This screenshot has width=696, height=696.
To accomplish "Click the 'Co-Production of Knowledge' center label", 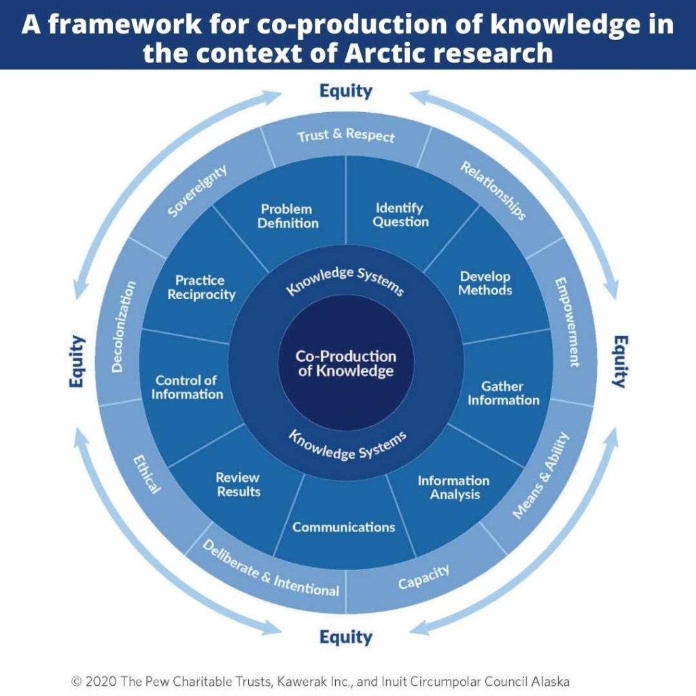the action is click(346, 363).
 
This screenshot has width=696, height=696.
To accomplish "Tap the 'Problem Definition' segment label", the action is click(288, 215).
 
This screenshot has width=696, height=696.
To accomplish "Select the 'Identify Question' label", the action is click(400, 215).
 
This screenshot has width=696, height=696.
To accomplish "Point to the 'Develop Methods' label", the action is click(485, 283).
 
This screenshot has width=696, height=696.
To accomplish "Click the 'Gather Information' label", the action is click(504, 394).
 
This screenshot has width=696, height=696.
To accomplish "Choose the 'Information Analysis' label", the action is click(453, 487).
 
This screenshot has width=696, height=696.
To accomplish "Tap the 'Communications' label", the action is click(343, 527).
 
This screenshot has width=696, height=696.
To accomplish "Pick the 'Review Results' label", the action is click(238, 484).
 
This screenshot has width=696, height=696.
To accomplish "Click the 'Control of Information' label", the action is click(187, 387).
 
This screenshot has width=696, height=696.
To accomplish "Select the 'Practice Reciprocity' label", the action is click(201, 288).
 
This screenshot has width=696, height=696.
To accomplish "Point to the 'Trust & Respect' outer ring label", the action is click(346, 135).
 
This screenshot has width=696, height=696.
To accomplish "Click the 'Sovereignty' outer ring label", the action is click(197, 191).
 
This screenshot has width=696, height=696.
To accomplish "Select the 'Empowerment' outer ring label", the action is click(568, 322).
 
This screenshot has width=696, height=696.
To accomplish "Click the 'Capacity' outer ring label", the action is click(423, 576).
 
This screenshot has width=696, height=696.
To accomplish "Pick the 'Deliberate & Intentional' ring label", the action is click(271, 569).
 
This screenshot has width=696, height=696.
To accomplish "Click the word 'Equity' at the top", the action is click(346, 92).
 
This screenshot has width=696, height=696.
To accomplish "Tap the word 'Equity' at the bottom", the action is click(346, 637).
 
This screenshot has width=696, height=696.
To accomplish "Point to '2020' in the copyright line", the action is click(101, 681).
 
